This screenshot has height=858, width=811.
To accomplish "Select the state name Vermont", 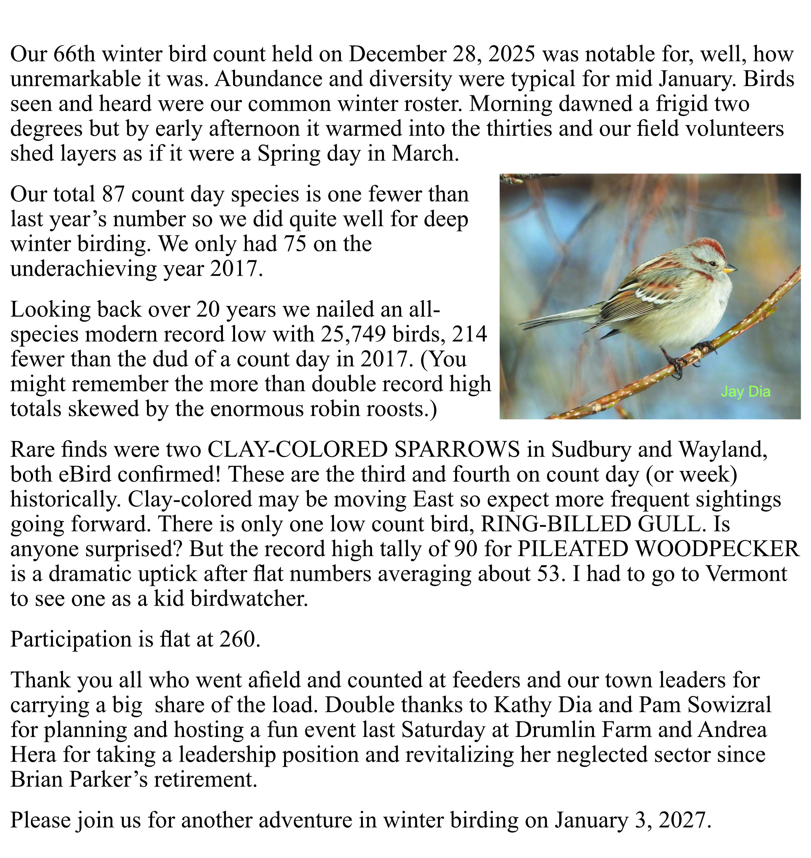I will pos(746,574).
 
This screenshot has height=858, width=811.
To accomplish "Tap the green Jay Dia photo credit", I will pos(745,392).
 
